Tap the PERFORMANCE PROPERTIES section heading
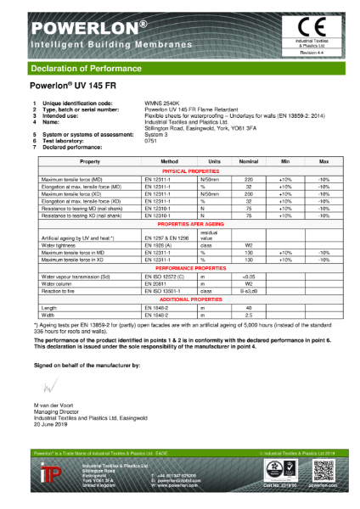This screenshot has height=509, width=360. coord(180,269)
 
